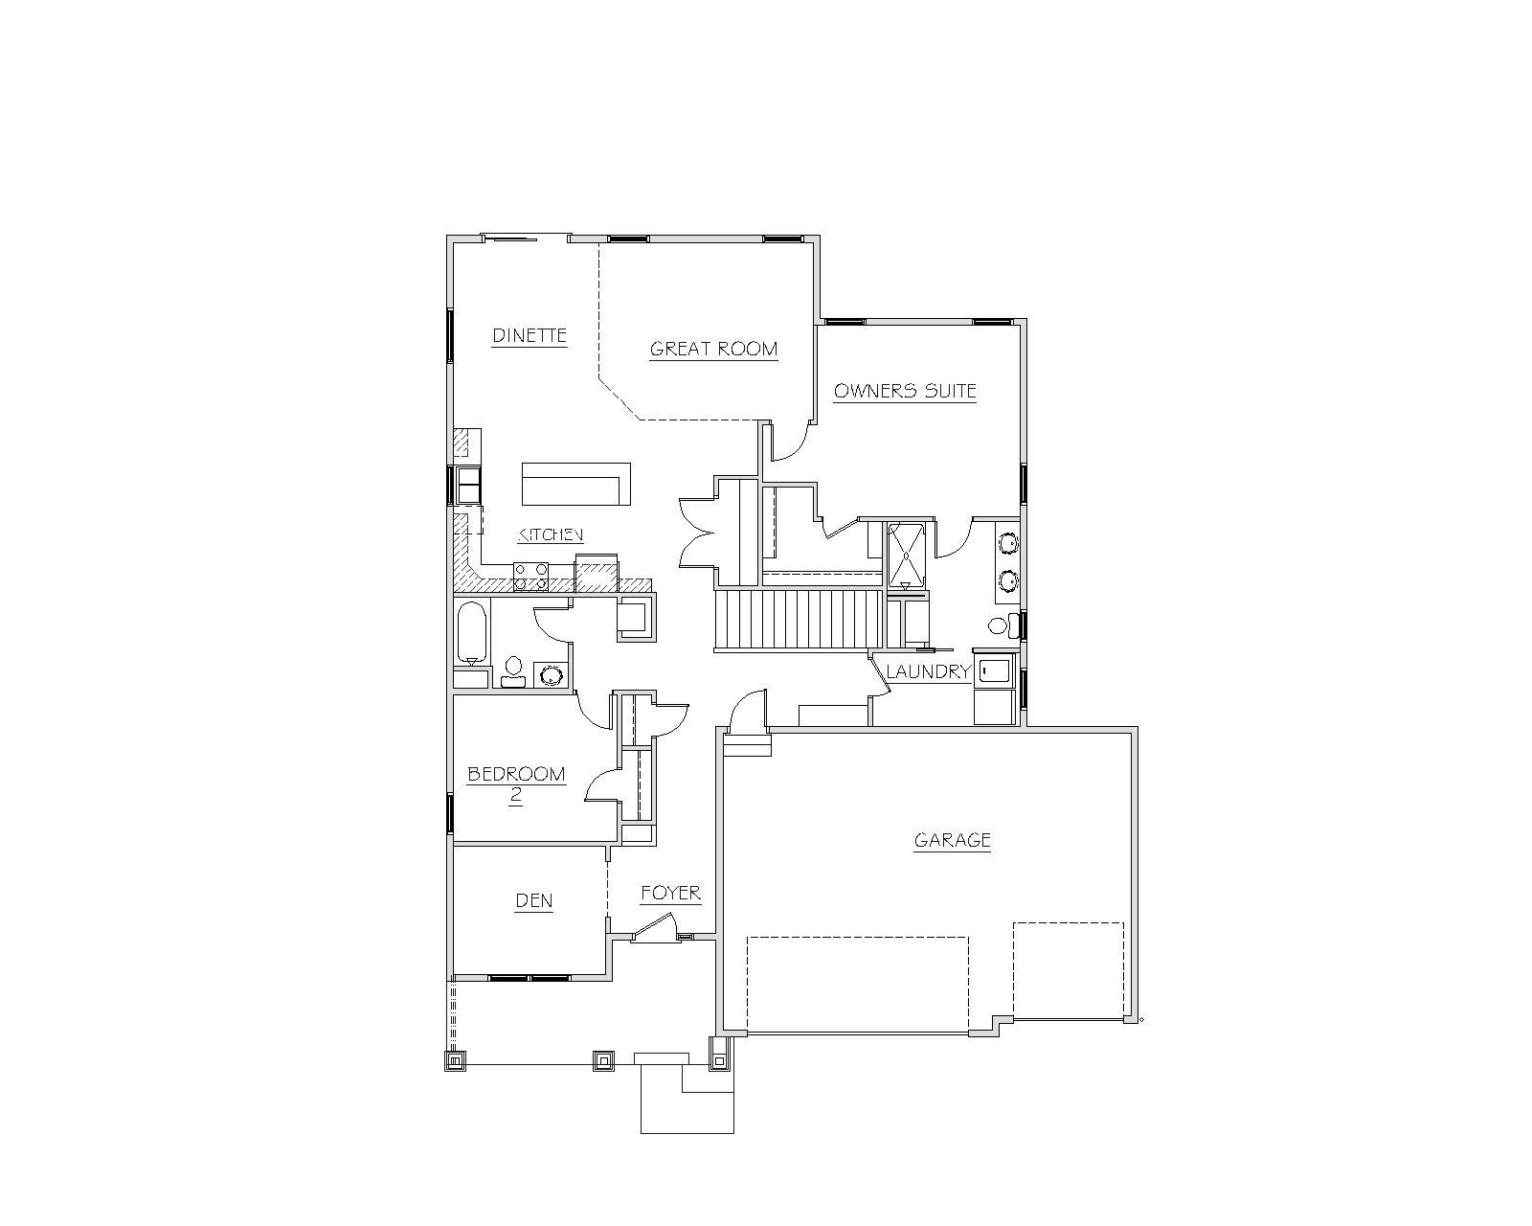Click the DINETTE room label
(x=529, y=335)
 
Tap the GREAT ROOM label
(x=713, y=349)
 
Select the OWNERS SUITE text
(x=905, y=391)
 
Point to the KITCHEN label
(x=551, y=534)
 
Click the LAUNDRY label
(x=929, y=671)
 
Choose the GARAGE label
(x=953, y=840)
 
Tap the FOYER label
(x=670, y=893)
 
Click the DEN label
(x=534, y=900)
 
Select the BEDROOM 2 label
(x=517, y=783)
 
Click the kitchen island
(x=576, y=484)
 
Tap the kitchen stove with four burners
(x=531, y=577)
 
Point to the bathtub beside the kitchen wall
(x=471, y=633)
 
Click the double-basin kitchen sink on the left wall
(x=468, y=485)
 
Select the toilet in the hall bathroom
(x=513, y=671)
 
